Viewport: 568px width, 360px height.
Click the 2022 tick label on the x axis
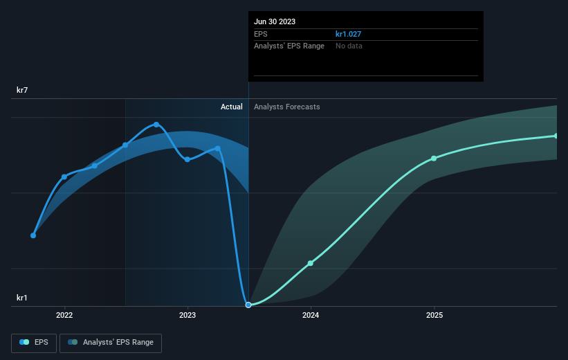click(64, 316)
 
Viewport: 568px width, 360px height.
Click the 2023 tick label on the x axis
click(187, 316)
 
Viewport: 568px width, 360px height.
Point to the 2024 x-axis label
click(311, 316)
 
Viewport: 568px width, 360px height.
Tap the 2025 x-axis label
click(434, 316)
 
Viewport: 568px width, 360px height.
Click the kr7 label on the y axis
click(23, 90)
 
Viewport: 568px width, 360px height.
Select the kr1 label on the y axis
click(23, 298)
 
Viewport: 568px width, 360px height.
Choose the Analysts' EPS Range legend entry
click(111, 342)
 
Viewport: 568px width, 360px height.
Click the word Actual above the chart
click(232, 107)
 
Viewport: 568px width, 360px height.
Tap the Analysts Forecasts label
click(287, 107)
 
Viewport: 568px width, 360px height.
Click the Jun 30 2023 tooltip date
click(275, 21)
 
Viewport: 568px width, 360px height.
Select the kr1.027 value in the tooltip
click(349, 33)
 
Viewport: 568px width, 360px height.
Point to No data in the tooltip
click(349, 46)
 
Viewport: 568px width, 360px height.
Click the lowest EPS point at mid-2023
click(248, 305)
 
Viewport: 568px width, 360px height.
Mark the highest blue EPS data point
click(156, 125)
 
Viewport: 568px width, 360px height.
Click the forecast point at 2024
click(311, 263)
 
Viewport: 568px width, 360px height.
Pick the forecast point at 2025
click(434, 159)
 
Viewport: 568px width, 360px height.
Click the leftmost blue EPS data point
click(33, 235)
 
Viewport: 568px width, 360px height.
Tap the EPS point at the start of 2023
click(187, 159)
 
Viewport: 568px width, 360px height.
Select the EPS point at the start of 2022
click(64, 177)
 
